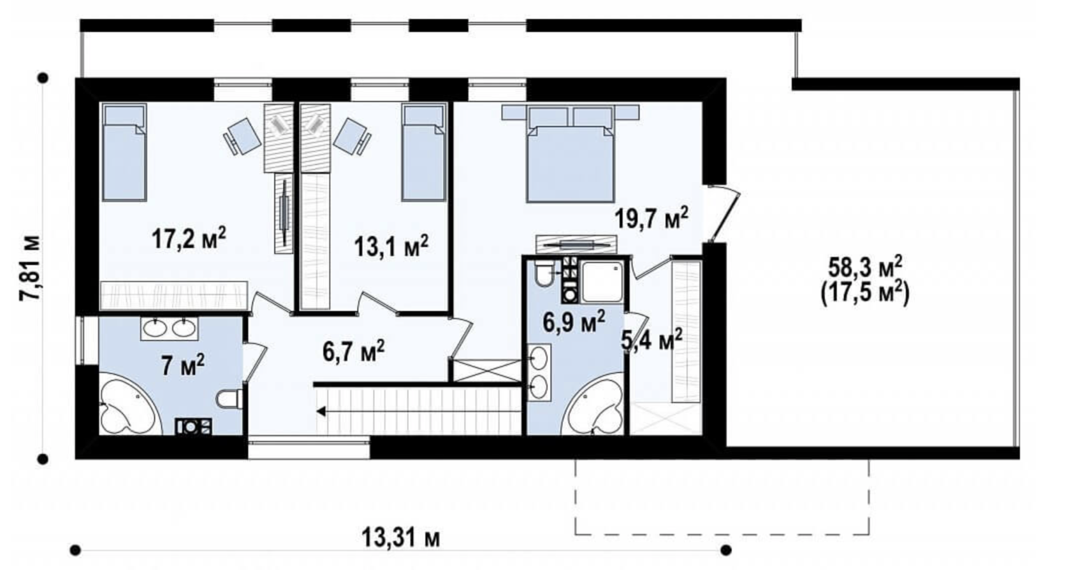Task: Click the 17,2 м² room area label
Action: click(189, 238)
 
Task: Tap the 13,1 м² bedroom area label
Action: click(391, 246)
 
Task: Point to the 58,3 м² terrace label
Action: click(866, 268)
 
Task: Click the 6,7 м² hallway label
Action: click(353, 351)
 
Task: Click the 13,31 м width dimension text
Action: click(400, 538)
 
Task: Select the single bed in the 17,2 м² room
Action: click(124, 152)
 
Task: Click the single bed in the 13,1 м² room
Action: click(423, 152)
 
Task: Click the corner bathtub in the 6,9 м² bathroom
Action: click(594, 406)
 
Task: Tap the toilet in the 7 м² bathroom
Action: click(229, 399)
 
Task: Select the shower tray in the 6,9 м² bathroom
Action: click(602, 282)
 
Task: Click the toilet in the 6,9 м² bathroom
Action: click(544, 273)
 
